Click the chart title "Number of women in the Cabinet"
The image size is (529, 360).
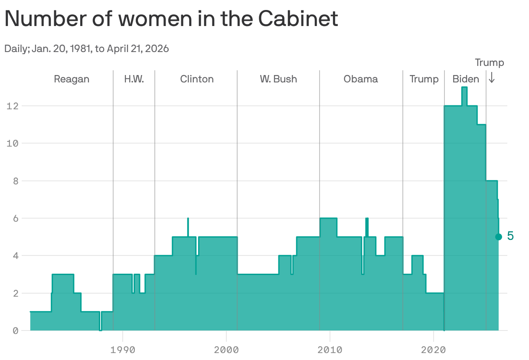click(x=171, y=19)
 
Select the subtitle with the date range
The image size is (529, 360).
click(x=87, y=49)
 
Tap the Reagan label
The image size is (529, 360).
click(x=72, y=79)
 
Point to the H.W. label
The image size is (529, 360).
click(x=134, y=79)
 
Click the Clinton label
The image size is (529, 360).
click(x=197, y=79)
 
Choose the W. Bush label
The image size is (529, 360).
click(x=278, y=79)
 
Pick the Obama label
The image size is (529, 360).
click(x=361, y=79)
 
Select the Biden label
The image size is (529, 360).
click(x=466, y=79)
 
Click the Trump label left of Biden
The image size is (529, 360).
click(x=424, y=79)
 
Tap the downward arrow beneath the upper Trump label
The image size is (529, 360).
click(x=492, y=78)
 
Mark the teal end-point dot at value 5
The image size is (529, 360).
click(x=499, y=237)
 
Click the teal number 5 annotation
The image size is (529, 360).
click(x=510, y=236)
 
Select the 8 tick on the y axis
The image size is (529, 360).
click(x=15, y=181)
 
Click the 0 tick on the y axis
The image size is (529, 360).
click(x=15, y=331)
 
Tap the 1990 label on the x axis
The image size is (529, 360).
click(x=123, y=350)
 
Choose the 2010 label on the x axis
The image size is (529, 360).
click(x=330, y=350)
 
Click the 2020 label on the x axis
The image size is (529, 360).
click(x=433, y=350)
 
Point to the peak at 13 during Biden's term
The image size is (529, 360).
click(x=464, y=88)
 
